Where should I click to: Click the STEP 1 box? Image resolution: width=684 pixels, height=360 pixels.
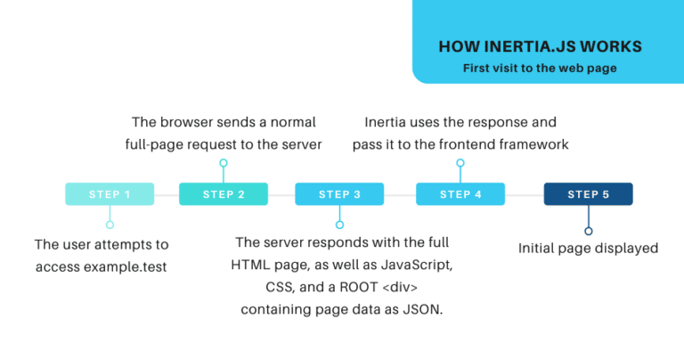[110, 194]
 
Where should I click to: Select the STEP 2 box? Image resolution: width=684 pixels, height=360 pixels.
[224, 194]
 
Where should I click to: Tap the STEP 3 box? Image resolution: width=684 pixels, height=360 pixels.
[339, 194]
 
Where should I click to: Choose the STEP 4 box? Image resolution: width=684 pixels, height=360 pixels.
[460, 194]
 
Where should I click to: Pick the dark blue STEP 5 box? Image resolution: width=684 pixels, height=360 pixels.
[588, 194]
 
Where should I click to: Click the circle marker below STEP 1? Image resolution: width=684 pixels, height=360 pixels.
[110, 225]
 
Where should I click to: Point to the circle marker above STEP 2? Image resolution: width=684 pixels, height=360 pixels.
[224, 163]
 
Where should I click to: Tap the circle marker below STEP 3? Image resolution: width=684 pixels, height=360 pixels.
[339, 225]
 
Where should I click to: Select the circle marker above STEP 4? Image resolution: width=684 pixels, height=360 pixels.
[460, 163]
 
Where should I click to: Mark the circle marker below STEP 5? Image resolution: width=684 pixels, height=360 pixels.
[588, 231]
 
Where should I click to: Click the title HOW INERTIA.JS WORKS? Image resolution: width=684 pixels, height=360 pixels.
[541, 46]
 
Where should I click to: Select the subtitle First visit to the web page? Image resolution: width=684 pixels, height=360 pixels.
[541, 68]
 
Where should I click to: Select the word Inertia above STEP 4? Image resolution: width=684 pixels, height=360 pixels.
[388, 122]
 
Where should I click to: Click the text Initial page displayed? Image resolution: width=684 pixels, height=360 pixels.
[588, 249]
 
